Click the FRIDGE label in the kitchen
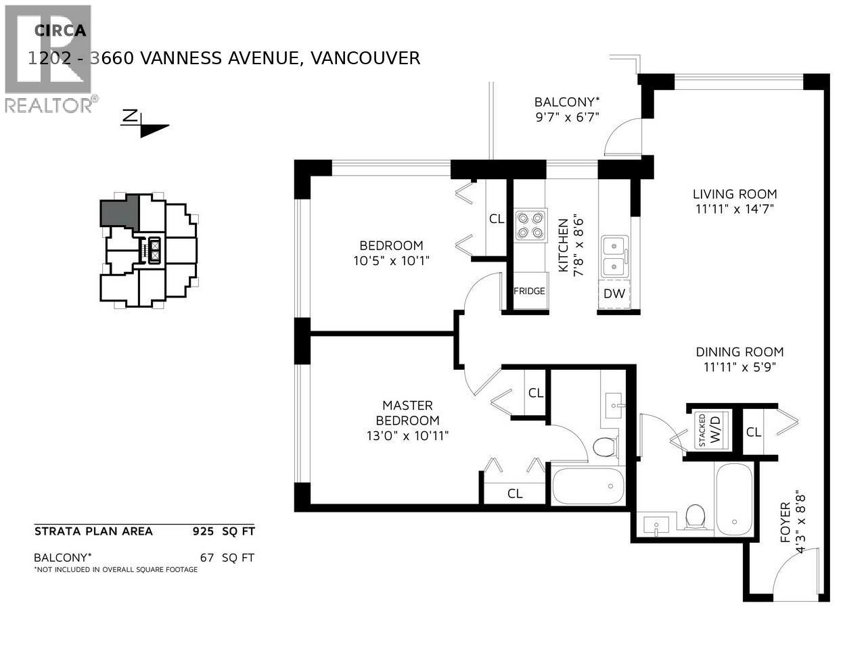(x=529, y=291)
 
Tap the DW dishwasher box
(x=614, y=293)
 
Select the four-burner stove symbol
(x=530, y=226)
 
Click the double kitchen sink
(x=614, y=256)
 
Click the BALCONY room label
(x=567, y=102)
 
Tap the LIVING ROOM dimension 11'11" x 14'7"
(x=733, y=210)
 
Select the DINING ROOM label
(x=739, y=352)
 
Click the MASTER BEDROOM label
(x=407, y=412)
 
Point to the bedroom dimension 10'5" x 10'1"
(x=391, y=260)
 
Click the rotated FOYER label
(x=785, y=522)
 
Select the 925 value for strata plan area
(x=203, y=531)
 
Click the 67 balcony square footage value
(x=207, y=558)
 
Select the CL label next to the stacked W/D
(x=754, y=432)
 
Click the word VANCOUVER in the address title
(x=365, y=58)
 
